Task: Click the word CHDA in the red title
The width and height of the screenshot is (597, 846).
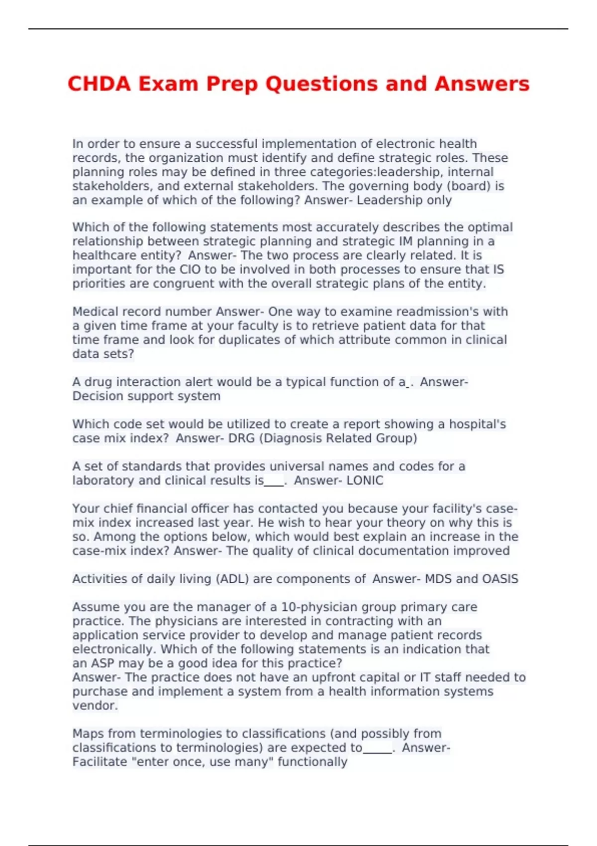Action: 99,84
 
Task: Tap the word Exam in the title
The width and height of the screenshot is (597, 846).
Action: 168,84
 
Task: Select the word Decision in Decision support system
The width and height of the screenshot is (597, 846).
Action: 98,396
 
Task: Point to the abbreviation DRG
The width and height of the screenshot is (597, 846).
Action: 241,438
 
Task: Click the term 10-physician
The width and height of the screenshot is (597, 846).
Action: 319,607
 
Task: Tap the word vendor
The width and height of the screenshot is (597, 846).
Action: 95,706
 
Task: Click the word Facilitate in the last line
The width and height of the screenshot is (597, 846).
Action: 99,762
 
